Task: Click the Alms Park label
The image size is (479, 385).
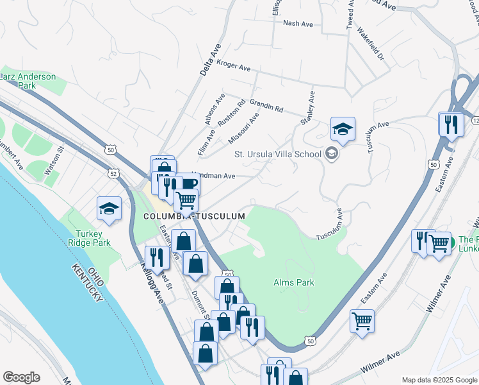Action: click(293, 282)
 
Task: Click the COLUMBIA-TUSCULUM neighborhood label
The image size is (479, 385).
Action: click(194, 216)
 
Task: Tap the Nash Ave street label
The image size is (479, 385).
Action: click(298, 23)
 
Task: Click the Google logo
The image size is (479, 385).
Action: click(21, 377)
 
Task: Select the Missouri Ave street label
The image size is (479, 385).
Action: click(243, 128)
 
